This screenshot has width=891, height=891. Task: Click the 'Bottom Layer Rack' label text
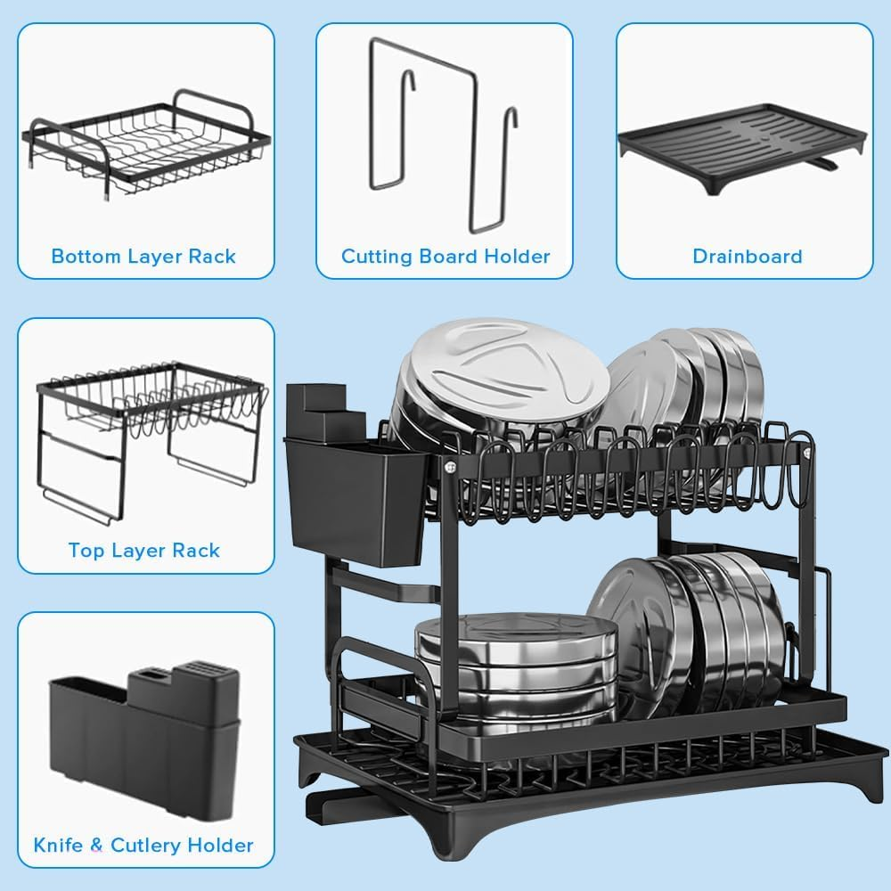point(143,257)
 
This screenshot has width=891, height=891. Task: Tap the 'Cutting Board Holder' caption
point(445,257)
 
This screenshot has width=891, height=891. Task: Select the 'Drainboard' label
point(748,257)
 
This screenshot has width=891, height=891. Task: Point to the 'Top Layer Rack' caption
point(143,550)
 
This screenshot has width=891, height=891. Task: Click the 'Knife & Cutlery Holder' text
point(143,845)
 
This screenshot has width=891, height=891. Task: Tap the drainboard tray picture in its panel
point(741,143)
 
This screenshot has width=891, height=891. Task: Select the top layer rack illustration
point(147,437)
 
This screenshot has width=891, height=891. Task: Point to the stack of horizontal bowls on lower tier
point(517,664)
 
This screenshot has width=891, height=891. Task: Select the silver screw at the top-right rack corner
point(807,453)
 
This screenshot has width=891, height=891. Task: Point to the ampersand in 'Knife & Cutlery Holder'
point(99,845)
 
